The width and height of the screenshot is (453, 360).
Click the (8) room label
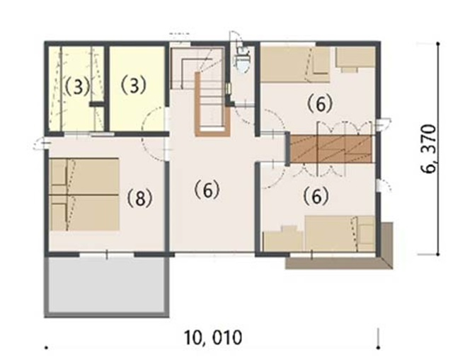(140, 199)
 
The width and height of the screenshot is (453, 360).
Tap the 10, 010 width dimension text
(212, 338)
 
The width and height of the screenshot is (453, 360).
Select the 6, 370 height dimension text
(429, 149)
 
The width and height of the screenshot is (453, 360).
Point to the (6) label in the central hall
(207, 190)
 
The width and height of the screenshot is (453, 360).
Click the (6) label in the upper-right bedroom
(320, 104)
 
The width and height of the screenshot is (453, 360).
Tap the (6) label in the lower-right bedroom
(316, 196)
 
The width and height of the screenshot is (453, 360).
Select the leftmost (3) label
(77, 86)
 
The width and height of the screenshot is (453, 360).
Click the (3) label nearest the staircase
(134, 85)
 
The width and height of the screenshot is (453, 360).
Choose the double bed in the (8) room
(84, 194)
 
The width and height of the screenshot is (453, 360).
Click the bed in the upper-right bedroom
(295, 64)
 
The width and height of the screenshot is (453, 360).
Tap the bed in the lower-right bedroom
(340, 233)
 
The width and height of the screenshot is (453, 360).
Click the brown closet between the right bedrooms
(331, 149)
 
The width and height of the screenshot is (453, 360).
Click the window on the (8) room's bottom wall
(107, 255)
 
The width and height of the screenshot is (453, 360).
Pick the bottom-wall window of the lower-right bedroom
(332, 255)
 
